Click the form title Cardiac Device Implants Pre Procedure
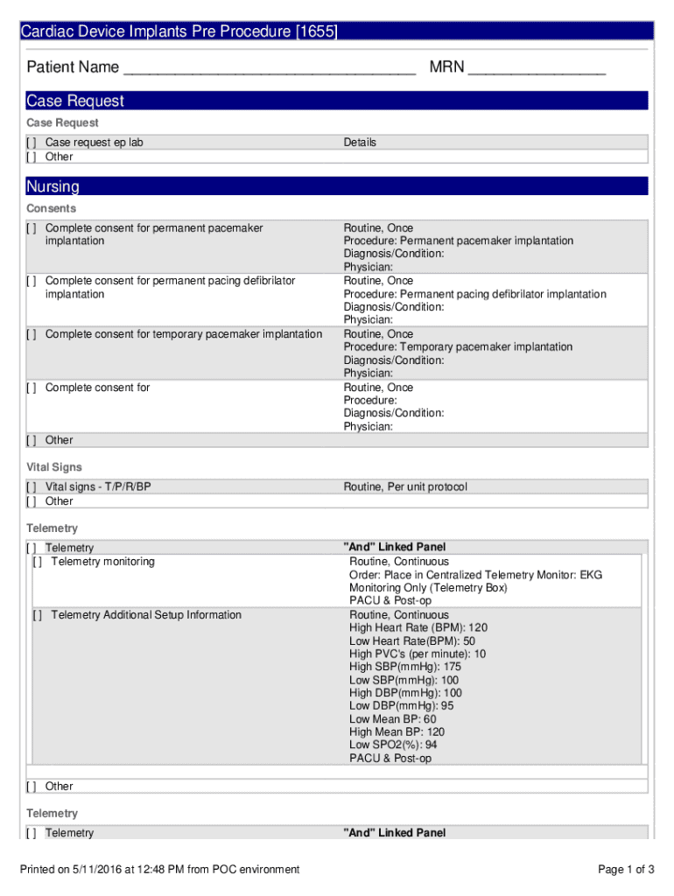tap(179, 31)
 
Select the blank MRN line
tap(536, 68)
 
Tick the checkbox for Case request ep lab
tap(32, 143)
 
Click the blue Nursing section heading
tap(53, 186)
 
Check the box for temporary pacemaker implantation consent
tap(32, 334)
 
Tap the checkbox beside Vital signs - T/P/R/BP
tap(32, 486)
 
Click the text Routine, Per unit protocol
tap(404, 486)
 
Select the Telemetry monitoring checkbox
tap(38, 562)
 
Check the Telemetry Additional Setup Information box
tap(38, 615)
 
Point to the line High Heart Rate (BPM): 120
tap(418, 627)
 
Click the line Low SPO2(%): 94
tap(393, 745)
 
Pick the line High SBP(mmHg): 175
tap(404, 667)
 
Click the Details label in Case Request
tap(360, 143)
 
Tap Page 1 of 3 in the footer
tap(626, 869)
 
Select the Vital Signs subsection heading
tap(54, 467)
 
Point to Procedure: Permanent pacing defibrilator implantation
tap(474, 294)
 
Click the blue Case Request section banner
tap(75, 101)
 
